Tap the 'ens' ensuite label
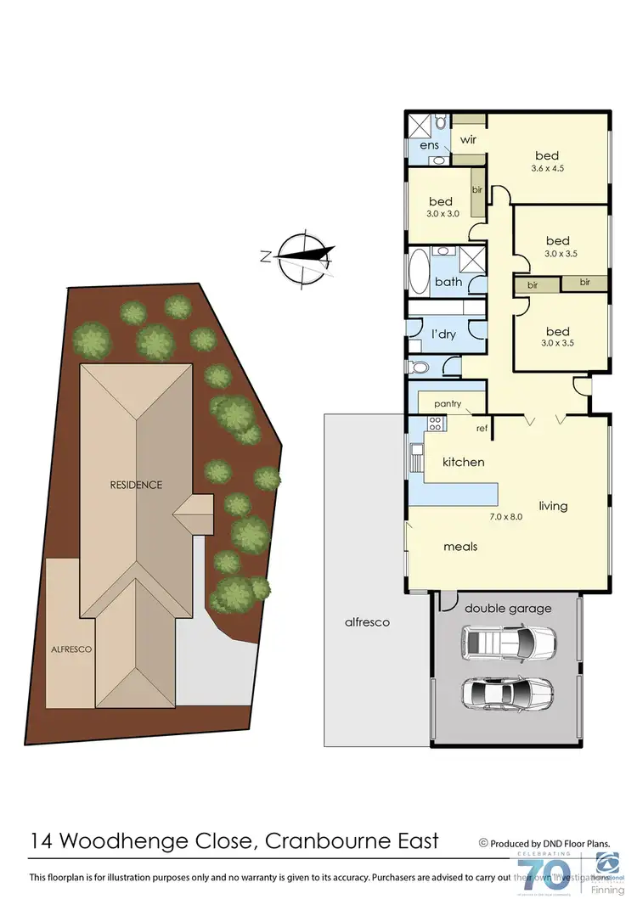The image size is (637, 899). point(428,145)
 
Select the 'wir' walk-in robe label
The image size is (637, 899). point(467,138)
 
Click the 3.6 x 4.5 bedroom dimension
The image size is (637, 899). point(547,168)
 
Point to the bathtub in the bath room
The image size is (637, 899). point(420,272)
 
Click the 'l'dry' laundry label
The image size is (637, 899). point(443,334)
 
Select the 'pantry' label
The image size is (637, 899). point(447,404)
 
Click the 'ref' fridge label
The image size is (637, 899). point(482,429)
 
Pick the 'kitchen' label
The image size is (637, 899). point(463,462)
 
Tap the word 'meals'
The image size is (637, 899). point(459,547)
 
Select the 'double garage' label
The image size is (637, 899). point(508,608)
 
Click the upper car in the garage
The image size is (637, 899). point(508,643)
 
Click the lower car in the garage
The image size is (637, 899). point(507,693)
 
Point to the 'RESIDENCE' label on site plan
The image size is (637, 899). point(135,485)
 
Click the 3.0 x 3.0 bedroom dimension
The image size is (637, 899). point(443,214)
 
